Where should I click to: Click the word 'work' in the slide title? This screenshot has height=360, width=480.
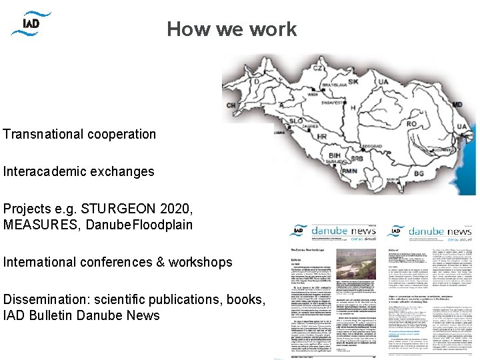(x=274, y=29)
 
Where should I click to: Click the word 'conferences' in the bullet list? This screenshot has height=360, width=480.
(x=107, y=262)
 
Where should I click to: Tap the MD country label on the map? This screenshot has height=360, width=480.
(x=457, y=105)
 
